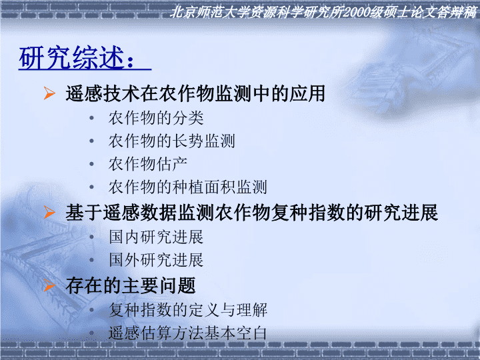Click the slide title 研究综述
coord(72,57)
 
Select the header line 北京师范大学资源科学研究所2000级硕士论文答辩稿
coord(323,13)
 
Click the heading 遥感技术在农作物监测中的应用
coord(195,93)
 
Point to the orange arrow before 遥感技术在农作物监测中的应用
coord(49,93)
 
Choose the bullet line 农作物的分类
coord(156,118)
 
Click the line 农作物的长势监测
coord(172,141)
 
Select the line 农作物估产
coord(148,164)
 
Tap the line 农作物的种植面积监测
coord(187,187)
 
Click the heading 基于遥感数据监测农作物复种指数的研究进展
coord(251,213)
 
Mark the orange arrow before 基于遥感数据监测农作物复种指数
coord(49,212)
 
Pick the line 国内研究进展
coord(156,237)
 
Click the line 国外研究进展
coord(156,260)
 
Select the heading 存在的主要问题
coord(131,285)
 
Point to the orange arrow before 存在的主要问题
coord(49,285)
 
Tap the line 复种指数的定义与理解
coord(188,310)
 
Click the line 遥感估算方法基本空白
coord(187,333)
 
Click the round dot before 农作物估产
coord(91,165)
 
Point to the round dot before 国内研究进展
coord(91,237)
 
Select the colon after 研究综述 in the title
coord(131,61)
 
